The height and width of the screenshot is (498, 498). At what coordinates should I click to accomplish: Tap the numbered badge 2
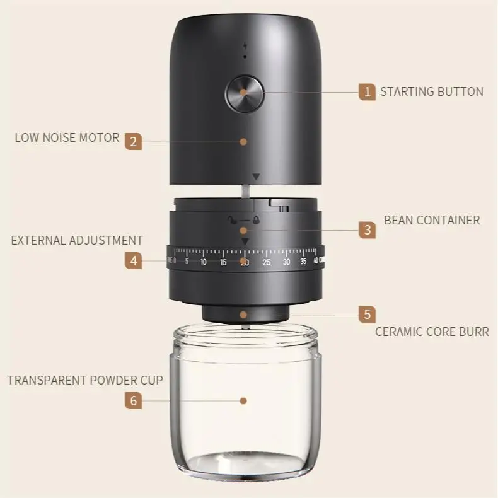point(132,141)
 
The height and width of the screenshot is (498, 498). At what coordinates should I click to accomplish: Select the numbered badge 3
point(368,230)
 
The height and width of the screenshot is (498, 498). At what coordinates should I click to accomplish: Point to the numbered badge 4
point(132,260)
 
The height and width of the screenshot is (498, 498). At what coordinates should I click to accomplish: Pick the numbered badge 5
point(368,314)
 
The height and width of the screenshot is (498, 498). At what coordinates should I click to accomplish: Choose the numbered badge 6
point(132,400)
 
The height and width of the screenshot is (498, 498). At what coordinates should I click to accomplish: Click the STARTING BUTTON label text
point(431,92)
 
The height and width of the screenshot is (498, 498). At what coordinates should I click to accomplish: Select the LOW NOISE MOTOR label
point(67,137)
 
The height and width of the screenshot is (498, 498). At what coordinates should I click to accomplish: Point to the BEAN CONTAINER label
point(431,221)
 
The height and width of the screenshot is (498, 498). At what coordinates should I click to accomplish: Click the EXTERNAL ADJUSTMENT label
point(77,240)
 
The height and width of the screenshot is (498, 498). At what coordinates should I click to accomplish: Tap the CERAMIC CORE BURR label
point(432,332)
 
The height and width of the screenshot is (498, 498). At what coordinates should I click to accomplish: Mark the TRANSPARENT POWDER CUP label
point(85,380)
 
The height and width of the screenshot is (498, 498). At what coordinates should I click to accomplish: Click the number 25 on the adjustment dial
point(267,262)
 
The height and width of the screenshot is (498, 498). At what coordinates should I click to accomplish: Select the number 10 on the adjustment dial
point(203,262)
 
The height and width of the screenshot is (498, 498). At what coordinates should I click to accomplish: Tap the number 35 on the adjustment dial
point(303,262)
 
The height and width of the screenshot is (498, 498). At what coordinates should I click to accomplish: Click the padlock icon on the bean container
point(255,221)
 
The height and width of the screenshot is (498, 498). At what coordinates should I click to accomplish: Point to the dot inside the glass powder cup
point(243,400)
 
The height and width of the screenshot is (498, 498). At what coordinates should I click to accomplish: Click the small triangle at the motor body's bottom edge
point(255,177)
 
